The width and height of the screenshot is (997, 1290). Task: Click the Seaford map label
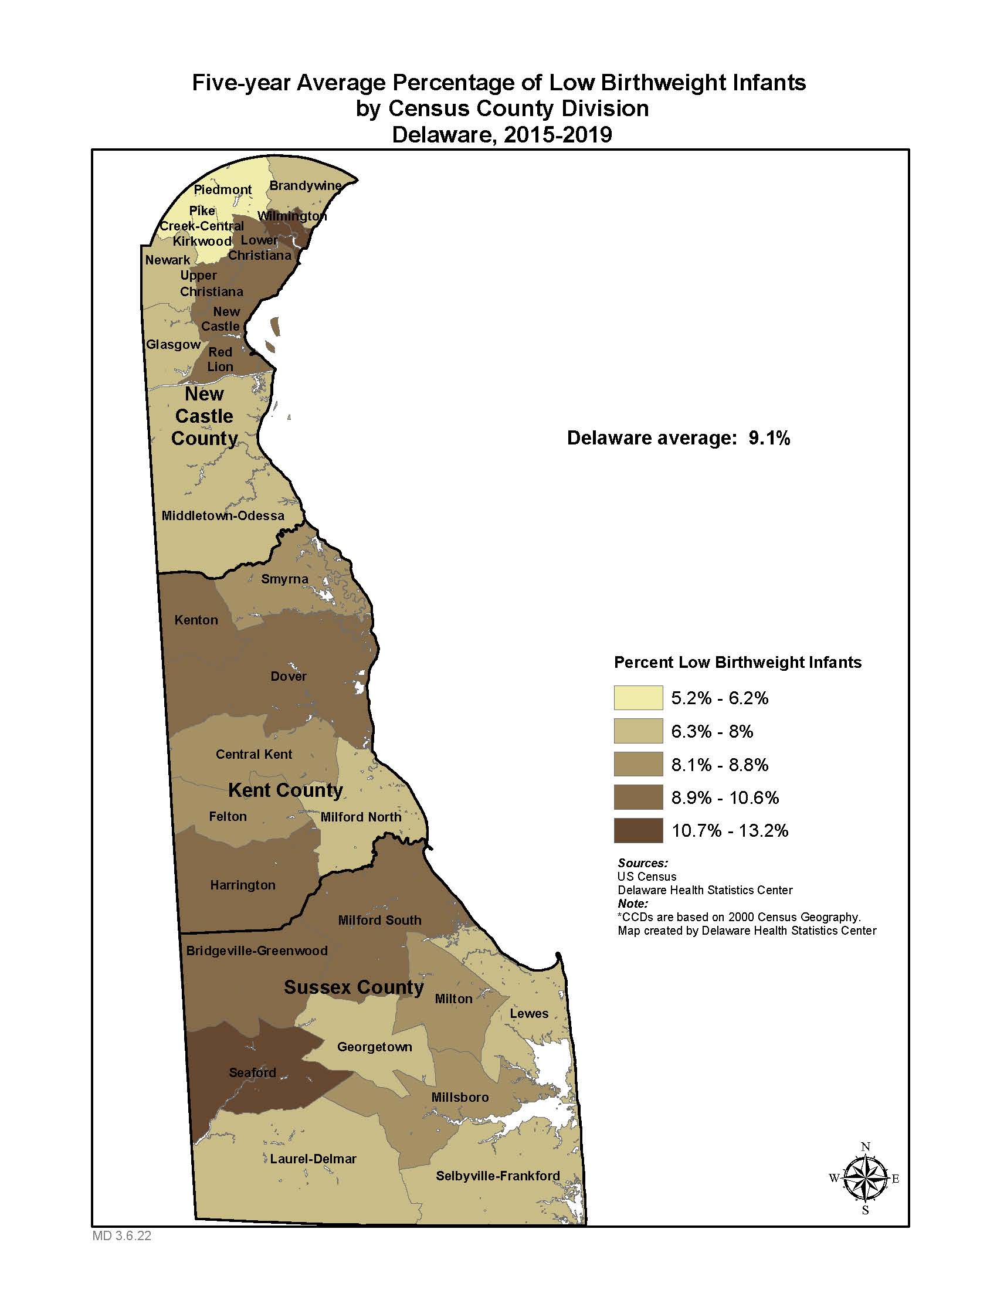click(252, 1072)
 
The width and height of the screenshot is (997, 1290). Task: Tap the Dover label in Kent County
click(288, 676)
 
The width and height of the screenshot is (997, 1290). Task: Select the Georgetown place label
click(375, 1047)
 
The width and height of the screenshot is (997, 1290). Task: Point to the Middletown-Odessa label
click(223, 515)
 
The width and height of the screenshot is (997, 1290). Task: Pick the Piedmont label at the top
click(223, 189)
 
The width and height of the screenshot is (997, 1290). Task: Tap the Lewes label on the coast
click(529, 1014)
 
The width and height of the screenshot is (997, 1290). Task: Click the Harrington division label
click(243, 885)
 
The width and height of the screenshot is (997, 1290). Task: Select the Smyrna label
click(284, 579)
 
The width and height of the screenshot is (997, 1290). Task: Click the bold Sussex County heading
click(354, 987)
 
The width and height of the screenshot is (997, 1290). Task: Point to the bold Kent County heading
click(285, 790)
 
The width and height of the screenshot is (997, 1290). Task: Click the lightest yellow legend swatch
click(638, 698)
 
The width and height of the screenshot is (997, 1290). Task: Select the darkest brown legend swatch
click(638, 830)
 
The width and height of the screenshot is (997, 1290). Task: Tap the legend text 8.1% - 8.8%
click(720, 765)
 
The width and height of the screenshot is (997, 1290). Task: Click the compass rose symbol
click(864, 1179)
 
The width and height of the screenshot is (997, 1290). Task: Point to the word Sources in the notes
click(642, 863)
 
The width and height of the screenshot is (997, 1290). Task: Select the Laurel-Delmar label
click(313, 1159)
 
